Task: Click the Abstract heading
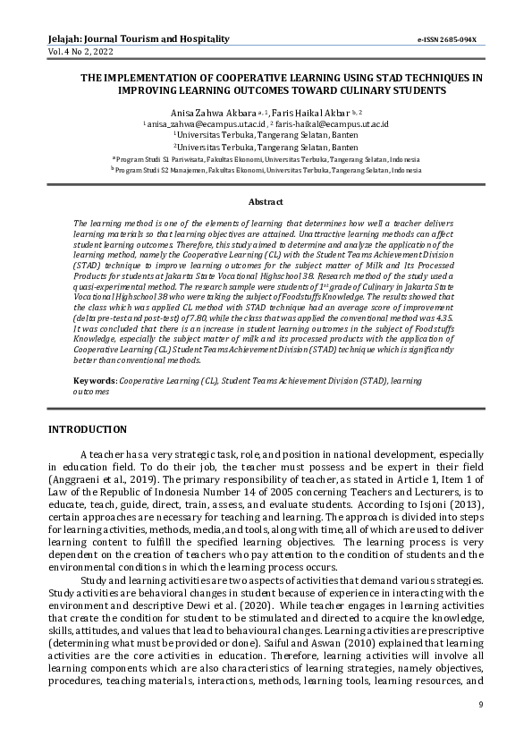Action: click(x=266, y=202)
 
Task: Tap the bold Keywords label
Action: click(x=94, y=382)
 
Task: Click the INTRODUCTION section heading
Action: click(x=88, y=430)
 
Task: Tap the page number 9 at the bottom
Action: click(x=479, y=706)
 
